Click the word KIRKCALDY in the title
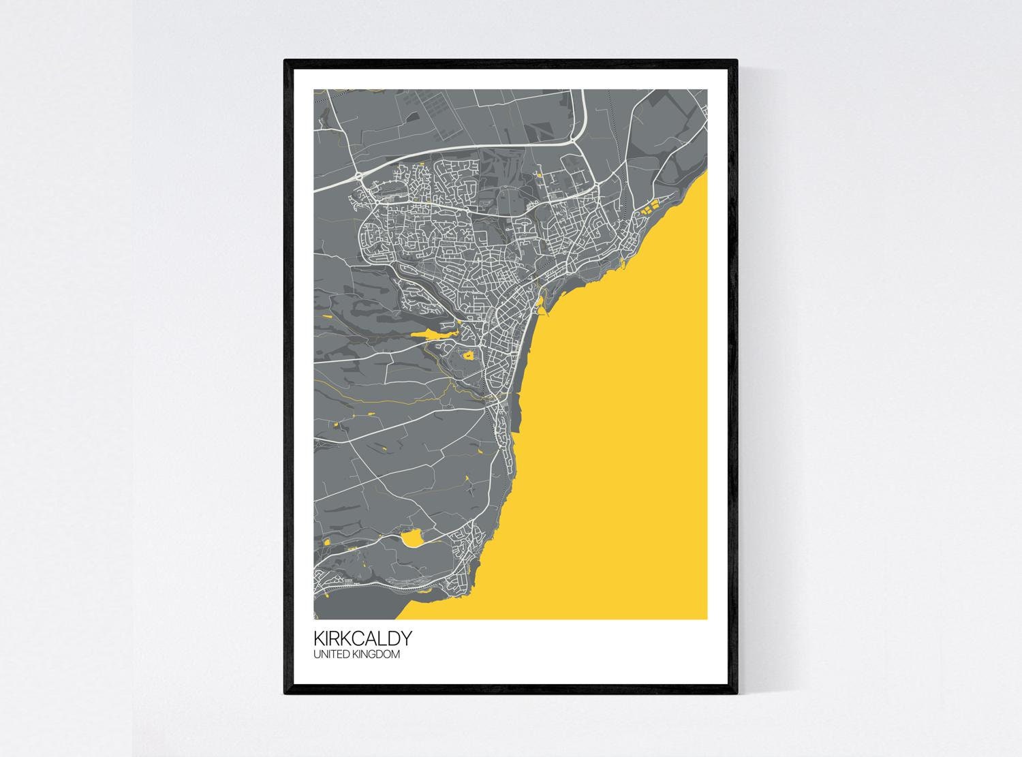tap(362, 638)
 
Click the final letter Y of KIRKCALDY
tap(405, 638)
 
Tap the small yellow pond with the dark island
tap(468, 354)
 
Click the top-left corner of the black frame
tap(285, 61)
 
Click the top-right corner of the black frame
tap(737, 61)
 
